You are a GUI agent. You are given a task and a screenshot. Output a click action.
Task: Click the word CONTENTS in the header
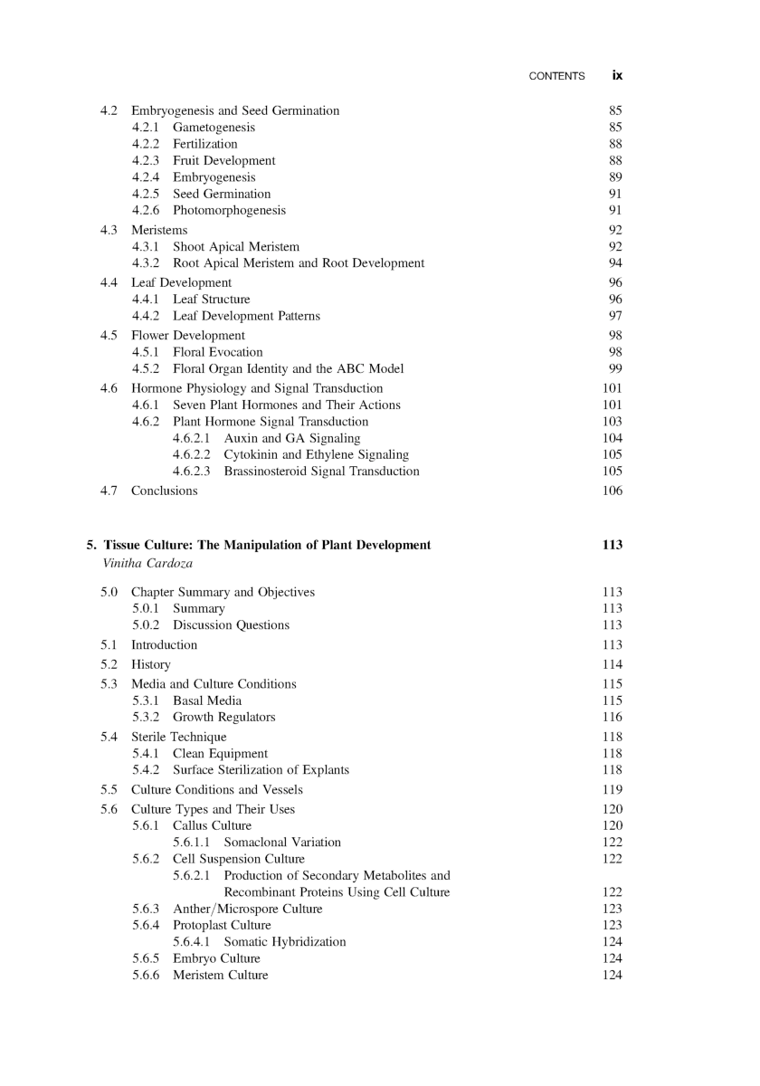tap(556, 77)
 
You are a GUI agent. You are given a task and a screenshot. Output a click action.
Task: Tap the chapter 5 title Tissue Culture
tap(267, 545)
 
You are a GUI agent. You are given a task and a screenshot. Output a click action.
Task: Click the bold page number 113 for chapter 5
tap(612, 545)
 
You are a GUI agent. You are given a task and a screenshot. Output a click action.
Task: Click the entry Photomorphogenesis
tap(229, 211)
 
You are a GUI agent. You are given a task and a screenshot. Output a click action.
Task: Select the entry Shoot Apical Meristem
tap(236, 246)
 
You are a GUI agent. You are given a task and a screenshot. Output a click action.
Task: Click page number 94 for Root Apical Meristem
tap(615, 263)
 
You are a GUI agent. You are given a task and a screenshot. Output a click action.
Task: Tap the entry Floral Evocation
tap(218, 352)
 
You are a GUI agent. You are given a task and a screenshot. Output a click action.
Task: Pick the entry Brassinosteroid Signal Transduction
tap(321, 472)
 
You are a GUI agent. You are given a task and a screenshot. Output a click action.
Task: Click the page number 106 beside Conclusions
tap(612, 491)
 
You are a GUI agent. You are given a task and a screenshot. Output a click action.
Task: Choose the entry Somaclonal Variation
tap(282, 843)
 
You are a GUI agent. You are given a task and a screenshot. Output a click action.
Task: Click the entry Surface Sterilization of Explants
tap(261, 770)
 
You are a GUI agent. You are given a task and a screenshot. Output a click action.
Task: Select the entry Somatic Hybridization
tap(285, 942)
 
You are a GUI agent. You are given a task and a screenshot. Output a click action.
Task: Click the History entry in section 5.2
tap(151, 664)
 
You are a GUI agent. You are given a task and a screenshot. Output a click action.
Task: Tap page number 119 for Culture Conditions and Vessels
tap(612, 790)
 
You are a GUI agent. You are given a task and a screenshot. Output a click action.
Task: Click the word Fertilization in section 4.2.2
tap(205, 144)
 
